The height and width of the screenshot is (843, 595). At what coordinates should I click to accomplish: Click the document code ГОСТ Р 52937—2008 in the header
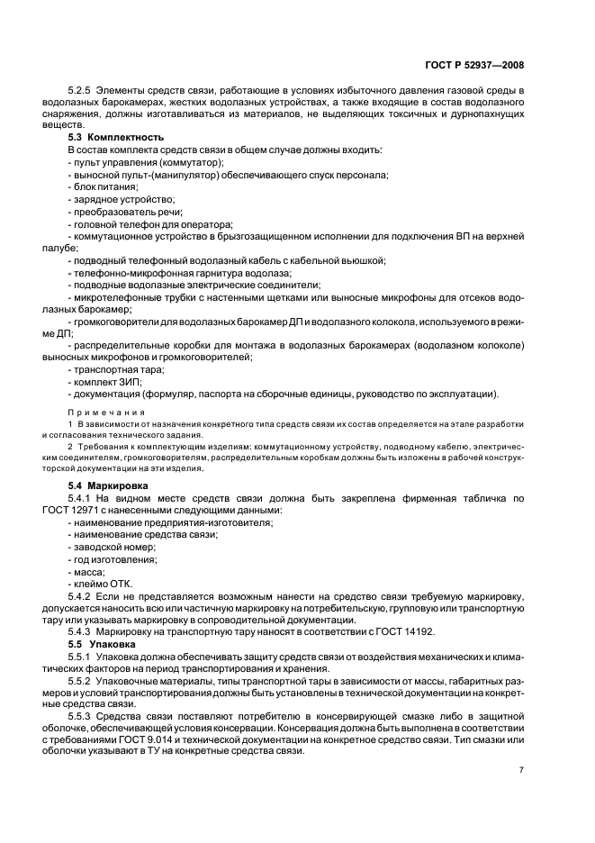coord(474,65)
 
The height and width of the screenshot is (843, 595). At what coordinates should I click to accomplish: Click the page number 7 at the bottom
coord(521,770)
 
